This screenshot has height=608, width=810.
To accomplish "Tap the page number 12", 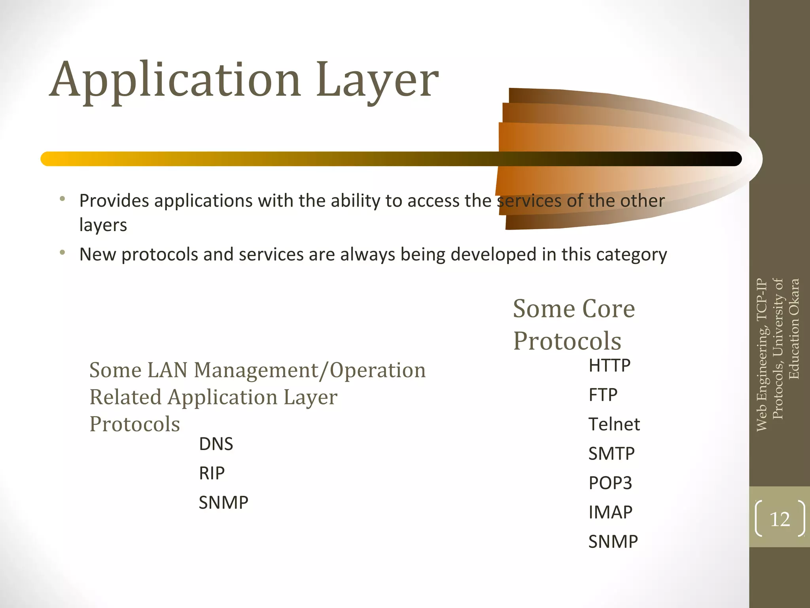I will (780, 519).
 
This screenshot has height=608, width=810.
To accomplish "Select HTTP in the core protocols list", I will (609, 365).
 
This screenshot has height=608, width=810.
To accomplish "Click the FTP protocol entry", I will (603, 395).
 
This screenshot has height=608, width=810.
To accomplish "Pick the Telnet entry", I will (614, 424).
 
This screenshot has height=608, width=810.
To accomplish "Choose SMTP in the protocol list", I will (611, 454).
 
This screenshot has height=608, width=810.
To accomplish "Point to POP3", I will (610, 483).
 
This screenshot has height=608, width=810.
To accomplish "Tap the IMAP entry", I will (610, 512).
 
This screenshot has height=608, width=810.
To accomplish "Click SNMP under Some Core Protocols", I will (613, 541).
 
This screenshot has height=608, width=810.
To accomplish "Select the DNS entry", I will (216, 444).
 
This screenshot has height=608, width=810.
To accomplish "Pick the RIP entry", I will (212, 473).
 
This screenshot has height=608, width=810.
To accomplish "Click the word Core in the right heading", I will (609, 309).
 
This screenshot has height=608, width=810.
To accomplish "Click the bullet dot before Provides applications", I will (62, 199).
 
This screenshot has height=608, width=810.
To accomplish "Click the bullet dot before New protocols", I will (62, 252).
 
